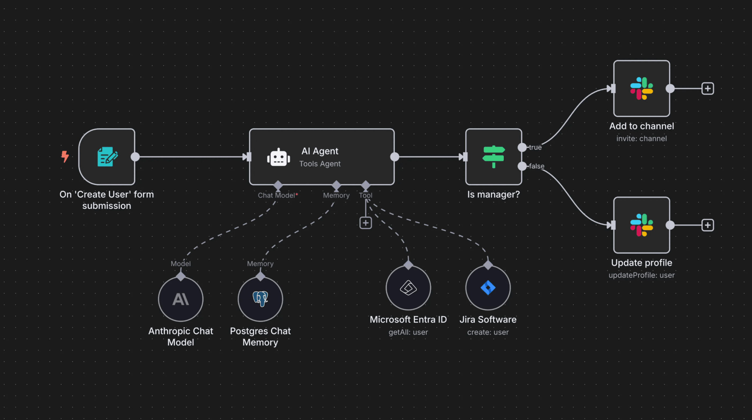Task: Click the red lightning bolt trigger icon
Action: [65, 156]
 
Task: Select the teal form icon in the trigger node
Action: [107, 157]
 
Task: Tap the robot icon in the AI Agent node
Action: [278, 157]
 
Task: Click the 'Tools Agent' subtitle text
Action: [320, 164]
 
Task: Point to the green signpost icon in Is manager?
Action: [493, 157]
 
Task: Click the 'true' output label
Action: [535, 147]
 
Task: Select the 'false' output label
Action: [536, 166]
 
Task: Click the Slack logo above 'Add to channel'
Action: [641, 88]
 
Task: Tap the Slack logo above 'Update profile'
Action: [641, 225]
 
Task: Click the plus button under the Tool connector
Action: [366, 223]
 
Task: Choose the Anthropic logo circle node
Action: [181, 299]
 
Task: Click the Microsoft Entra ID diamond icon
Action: [408, 288]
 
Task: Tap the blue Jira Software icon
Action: [488, 288]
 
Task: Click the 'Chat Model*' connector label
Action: [278, 195]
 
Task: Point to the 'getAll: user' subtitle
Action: [408, 332]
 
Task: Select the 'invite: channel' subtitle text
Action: [641, 139]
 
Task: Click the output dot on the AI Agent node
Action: [395, 157]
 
